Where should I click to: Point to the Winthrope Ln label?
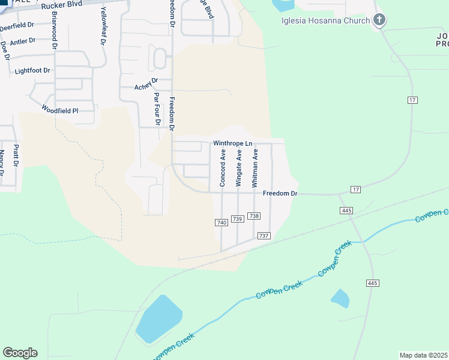233,144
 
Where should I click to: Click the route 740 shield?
221,223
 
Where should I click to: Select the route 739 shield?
237,220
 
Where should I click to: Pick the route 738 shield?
253,216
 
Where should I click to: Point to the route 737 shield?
264,236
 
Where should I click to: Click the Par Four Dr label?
157,109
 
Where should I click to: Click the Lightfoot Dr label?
32,70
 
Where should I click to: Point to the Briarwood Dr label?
55,28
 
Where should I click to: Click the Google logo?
20,353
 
